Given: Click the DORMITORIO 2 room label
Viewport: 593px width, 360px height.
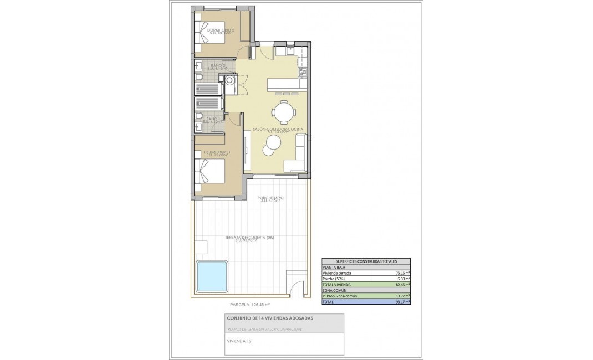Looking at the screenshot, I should coord(221,30).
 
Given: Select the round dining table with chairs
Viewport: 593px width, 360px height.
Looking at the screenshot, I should coord(284,113).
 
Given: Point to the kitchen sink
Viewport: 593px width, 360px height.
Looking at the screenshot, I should coord(291,50).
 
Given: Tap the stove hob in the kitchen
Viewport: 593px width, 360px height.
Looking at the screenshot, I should coord(303,71).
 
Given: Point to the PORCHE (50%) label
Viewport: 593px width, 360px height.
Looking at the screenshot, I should coord(270,198).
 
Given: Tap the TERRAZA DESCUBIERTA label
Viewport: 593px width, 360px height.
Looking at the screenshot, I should coord(249,238).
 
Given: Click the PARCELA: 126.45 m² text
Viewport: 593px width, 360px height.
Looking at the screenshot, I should coord(249,305).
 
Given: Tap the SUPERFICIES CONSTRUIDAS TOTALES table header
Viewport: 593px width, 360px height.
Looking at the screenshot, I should coord(366,261).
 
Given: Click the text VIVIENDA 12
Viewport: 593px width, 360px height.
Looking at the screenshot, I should coord(239,341).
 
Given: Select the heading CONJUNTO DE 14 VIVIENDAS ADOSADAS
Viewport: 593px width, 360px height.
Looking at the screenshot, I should coord(270,318).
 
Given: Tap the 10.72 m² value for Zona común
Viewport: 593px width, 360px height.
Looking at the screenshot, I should coord(403,296).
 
